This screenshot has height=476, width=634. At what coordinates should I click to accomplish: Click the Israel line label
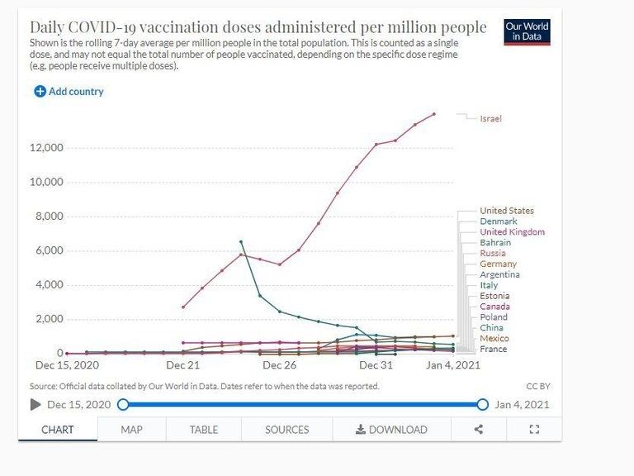(x=490, y=119)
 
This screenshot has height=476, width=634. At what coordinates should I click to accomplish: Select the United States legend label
(x=506, y=211)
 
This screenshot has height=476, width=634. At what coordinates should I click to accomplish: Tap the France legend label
(x=493, y=349)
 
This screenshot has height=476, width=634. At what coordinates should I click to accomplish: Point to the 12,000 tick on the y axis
(x=46, y=148)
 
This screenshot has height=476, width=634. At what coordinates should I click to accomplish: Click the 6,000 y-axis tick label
(x=49, y=250)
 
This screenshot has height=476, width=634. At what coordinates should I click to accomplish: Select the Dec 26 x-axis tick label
(x=279, y=364)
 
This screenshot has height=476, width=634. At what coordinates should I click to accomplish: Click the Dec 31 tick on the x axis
(x=376, y=364)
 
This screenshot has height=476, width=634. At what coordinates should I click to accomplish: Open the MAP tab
(x=131, y=430)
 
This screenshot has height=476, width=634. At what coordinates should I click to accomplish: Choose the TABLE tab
(x=204, y=430)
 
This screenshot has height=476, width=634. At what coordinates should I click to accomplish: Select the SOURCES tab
(x=286, y=430)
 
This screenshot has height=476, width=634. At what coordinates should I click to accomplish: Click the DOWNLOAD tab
(x=391, y=430)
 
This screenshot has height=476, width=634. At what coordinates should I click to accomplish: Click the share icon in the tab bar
(x=478, y=430)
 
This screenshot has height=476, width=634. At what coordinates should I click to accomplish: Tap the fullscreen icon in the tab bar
(x=533, y=430)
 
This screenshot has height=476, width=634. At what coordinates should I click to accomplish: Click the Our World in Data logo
(x=527, y=32)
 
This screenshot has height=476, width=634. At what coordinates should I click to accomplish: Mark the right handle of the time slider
(x=482, y=404)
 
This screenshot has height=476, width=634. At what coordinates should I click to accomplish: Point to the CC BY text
(x=537, y=386)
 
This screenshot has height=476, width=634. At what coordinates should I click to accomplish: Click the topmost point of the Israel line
(x=434, y=114)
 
